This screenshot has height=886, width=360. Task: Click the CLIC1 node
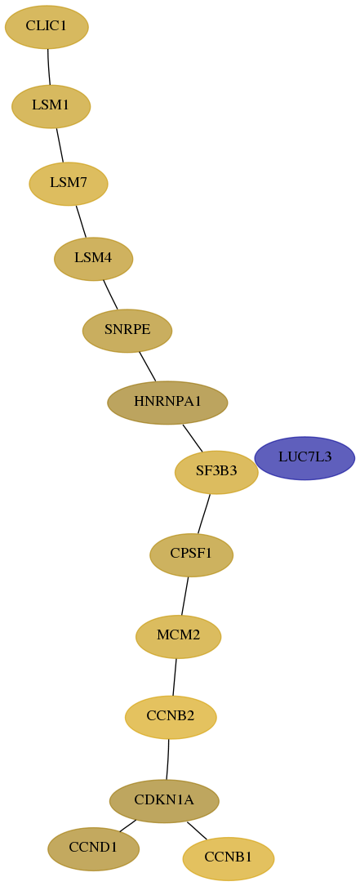coord(47,27)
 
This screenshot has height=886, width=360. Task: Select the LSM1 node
coord(51,106)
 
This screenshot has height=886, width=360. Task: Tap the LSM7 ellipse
coord(69,184)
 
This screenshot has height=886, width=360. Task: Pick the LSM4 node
coord(93,259)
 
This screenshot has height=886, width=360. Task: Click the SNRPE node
coord(127,331)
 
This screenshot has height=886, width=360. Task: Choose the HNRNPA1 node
coord(167,403)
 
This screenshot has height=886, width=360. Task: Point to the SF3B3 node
coord(216,472)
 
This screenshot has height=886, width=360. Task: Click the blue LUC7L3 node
coord(304,458)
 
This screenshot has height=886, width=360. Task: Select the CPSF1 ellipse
coord(192,555)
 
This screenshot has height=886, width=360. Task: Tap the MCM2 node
coord(179,636)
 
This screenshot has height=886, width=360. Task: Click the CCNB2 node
coord(171,717)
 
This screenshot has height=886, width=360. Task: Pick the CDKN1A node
coord(164,801)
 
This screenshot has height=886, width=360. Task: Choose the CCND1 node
coord(93,848)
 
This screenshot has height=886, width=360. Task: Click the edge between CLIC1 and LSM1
coord(49,67)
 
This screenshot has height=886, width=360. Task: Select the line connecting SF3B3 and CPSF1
coord(204,514)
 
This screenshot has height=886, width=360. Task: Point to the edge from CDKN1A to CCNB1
coord(197,830)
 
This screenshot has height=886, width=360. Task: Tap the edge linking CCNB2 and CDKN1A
coord(168,759)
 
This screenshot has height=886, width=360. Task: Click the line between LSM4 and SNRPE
coord(110,295)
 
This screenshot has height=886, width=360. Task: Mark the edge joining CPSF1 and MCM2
coord(184,595)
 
